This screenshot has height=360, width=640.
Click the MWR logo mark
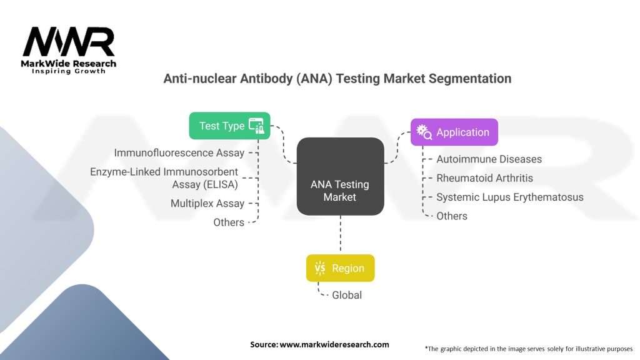pyautogui.click(x=69, y=42)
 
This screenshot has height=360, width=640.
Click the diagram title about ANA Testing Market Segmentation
pyautogui.click(x=337, y=79)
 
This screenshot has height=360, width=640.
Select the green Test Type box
pyautogui.click(x=229, y=126)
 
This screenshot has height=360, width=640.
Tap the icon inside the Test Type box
pyautogui.click(x=256, y=126)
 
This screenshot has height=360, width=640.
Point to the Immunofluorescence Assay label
pyautogui.click(x=179, y=152)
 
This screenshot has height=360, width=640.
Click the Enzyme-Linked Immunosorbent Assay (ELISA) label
pyautogui.click(x=164, y=177)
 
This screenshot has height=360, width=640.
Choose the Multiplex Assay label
pyautogui.click(x=207, y=204)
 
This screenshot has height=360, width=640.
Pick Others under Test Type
pyautogui.click(x=229, y=222)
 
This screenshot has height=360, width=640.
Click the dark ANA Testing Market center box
pyautogui.click(x=340, y=191)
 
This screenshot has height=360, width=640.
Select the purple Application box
pyautogui.click(x=454, y=132)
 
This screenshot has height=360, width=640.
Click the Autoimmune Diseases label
pyautogui.click(x=489, y=159)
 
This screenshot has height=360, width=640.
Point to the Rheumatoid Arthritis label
pyautogui.click(x=484, y=178)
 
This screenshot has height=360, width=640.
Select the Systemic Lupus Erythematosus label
pyautogui.click(x=509, y=197)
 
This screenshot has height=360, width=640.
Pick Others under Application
pyautogui.click(x=451, y=216)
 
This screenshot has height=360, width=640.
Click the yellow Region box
pyautogui.click(x=340, y=268)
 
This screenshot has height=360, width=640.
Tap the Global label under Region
pyautogui.click(x=346, y=295)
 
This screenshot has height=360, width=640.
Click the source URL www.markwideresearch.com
pyautogui.click(x=319, y=344)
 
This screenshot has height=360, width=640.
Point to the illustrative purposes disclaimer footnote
pyautogui.click(x=529, y=348)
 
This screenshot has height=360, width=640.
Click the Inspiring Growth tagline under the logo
pyautogui.click(x=69, y=71)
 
